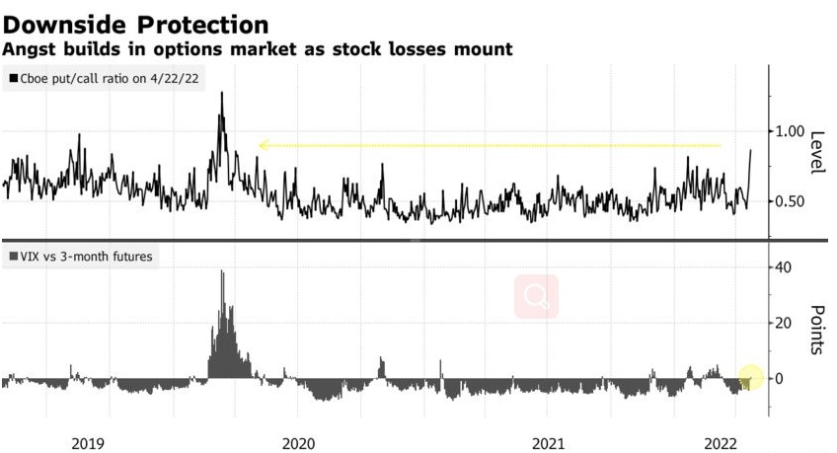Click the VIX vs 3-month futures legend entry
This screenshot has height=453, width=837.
click(x=83, y=257)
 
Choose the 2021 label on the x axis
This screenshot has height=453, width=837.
click(x=549, y=442)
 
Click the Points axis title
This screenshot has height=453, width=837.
click(x=815, y=329)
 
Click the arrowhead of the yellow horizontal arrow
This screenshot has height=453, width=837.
click(x=262, y=145)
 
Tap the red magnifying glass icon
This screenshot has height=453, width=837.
click(x=536, y=296)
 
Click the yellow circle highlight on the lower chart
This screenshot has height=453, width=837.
click(x=751, y=377)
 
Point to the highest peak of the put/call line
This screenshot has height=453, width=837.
click(x=221, y=92)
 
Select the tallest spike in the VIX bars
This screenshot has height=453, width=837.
click(x=222, y=271)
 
